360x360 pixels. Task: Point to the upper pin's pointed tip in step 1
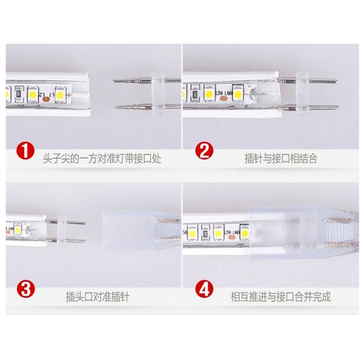[115, 81]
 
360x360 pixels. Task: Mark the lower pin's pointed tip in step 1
[115, 106]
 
